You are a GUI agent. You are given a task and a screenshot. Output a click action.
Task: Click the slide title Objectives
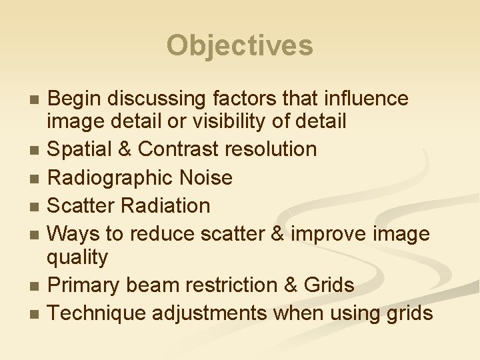coord(239,45)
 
